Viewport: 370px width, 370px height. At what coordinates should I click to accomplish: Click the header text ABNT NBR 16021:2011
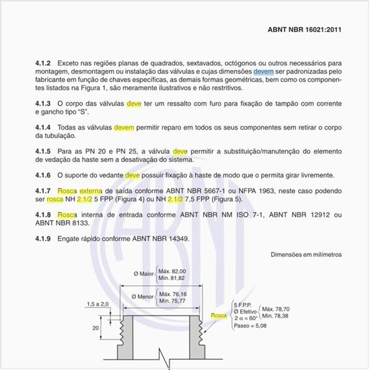point(305,30)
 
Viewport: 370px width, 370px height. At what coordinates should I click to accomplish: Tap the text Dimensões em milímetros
point(306,255)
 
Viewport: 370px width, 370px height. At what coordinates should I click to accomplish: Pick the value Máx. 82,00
point(172,270)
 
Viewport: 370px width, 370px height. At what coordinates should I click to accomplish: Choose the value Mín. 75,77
point(173,301)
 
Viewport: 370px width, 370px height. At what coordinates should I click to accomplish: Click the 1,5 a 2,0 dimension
point(98,304)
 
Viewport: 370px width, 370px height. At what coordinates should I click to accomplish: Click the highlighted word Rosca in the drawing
point(218,315)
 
